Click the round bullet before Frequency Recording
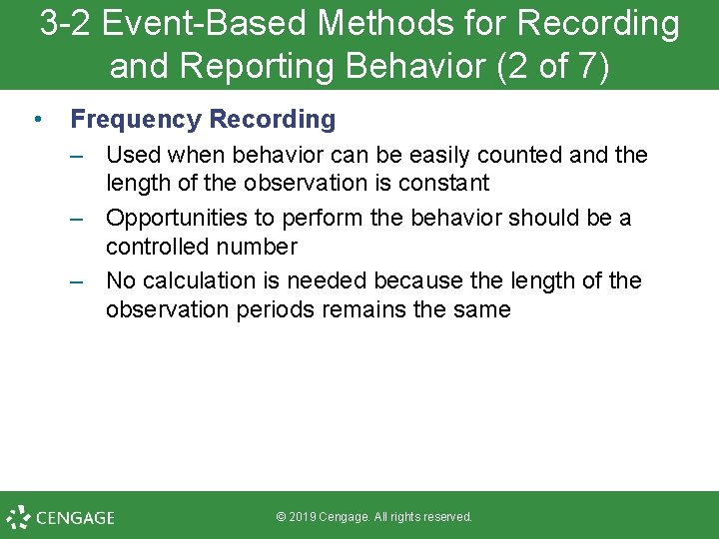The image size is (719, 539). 37,120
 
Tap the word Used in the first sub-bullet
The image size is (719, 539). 133,156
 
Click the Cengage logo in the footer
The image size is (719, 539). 60,517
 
